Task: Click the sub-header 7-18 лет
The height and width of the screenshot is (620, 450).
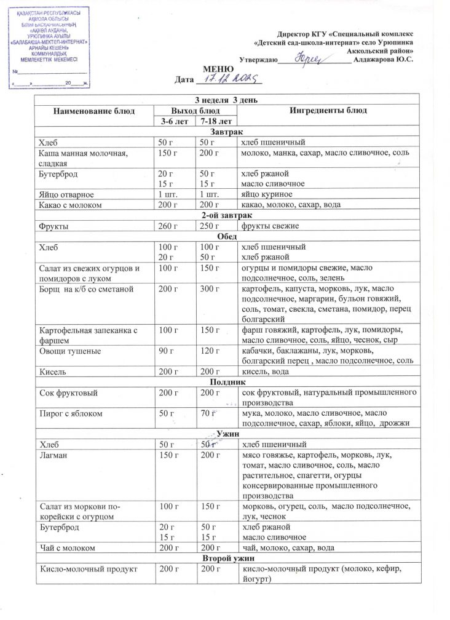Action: [212, 121]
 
